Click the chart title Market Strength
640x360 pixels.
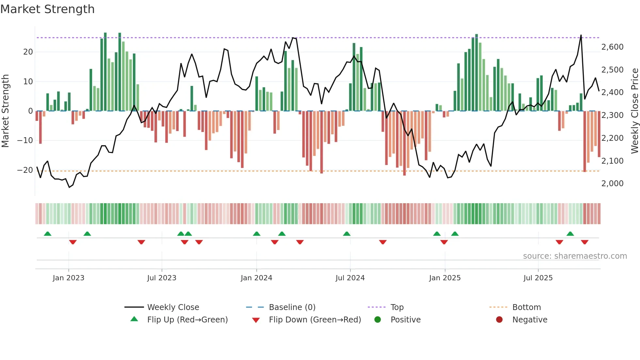pyautogui.click(x=48, y=9)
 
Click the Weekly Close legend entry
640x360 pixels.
pyautogui.click(x=173, y=307)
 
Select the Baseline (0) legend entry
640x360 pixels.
pyautogui.click(x=292, y=307)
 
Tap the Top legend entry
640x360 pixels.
pyautogui.click(x=397, y=307)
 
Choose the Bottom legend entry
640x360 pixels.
pyautogui.click(x=526, y=307)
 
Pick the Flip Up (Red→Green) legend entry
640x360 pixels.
pyautogui.click(x=187, y=319)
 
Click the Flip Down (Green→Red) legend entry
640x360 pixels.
pyautogui.click(x=315, y=319)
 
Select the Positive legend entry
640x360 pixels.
pyautogui.click(x=405, y=319)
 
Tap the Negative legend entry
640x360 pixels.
pyautogui.click(x=529, y=319)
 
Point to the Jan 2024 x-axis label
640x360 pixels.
pyautogui.click(x=256, y=278)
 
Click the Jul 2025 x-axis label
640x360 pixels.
pyautogui.click(x=538, y=278)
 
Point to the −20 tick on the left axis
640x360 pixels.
pyautogui.click(x=25, y=170)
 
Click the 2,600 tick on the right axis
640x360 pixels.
pyautogui.click(x=612, y=47)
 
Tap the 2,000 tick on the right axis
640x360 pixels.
pyautogui.click(x=612, y=184)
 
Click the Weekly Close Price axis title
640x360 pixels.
pyautogui.click(x=634, y=111)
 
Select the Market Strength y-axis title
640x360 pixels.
pyautogui.click(x=5, y=111)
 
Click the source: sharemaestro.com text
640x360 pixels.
pyautogui.click(x=575, y=256)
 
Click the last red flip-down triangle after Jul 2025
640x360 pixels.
pyautogui.click(x=584, y=242)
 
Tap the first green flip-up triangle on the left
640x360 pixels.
pyautogui.click(x=48, y=234)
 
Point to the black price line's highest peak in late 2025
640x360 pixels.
pyautogui.click(x=581, y=35)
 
